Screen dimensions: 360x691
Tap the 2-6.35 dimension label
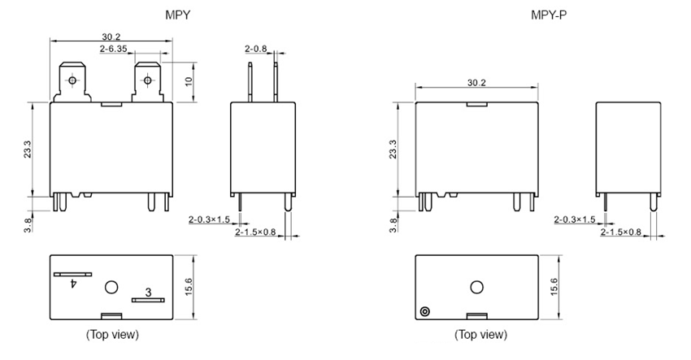(x=114, y=50)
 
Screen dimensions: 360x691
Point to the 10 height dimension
(x=189, y=81)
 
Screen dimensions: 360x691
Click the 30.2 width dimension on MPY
(x=112, y=37)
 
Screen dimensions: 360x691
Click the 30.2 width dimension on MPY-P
(x=477, y=83)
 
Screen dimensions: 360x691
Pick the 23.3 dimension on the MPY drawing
(x=28, y=150)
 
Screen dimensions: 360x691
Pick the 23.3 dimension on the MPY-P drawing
(x=394, y=150)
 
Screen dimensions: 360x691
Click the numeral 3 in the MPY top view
(x=147, y=292)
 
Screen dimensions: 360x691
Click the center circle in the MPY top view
(x=112, y=287)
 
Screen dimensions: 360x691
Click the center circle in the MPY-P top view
(x=477, y=287)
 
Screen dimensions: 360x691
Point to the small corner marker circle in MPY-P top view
(x=424, y=312)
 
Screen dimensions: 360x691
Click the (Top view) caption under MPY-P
(x=480, y=335)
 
